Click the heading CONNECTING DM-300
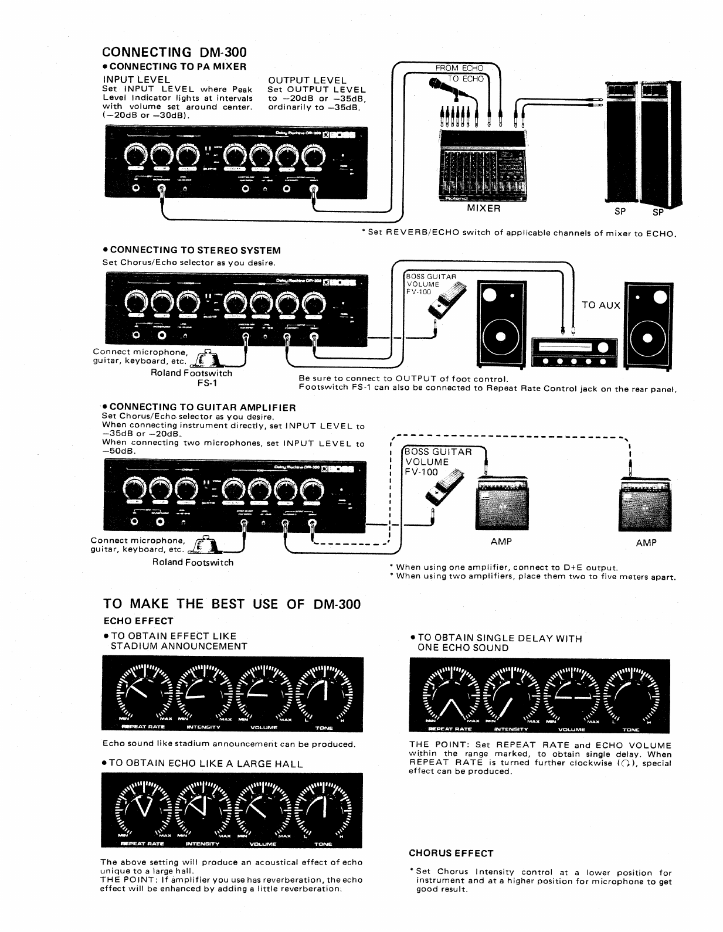point(174,52)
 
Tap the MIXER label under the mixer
point(484,208)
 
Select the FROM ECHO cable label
point(459,68)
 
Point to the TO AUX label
point(600,305)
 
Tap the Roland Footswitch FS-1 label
point(192,378)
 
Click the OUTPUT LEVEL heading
point(307,80)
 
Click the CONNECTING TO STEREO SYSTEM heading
point(192,250)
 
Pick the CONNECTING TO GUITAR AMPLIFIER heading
point(199,407)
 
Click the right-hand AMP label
point(646,543)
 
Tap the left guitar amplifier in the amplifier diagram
point(501,504)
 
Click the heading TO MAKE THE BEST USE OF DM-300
point(232,604)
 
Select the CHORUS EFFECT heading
point(451,853)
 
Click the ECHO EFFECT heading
point(138,621)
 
